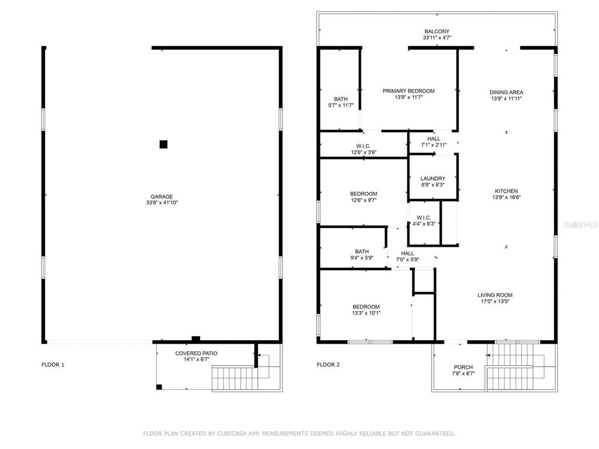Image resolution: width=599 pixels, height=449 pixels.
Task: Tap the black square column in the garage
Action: (x=164, y=144)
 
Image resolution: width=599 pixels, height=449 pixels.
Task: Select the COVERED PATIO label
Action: (x=196, y=353)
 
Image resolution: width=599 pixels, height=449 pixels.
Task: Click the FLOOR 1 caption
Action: (x=53, y=365)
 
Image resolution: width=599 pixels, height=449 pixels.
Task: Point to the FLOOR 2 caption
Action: (x=328, y=365)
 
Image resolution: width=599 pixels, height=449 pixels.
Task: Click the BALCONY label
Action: (x=437, y=32)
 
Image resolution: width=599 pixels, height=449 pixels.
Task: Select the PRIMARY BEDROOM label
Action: (x=408, y=91)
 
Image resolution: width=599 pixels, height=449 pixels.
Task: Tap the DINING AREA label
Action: (x=506, y=92)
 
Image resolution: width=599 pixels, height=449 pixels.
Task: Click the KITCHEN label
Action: (x=506, y=191)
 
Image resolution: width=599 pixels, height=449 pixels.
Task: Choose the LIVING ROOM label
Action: (x=495, y=295)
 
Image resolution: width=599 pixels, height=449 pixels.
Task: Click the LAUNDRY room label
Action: (x=433, y=178)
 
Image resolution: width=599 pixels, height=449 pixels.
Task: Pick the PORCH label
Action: (x=463, y=367)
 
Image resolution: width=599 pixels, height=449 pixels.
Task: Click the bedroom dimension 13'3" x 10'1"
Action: (x=366, y=313)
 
